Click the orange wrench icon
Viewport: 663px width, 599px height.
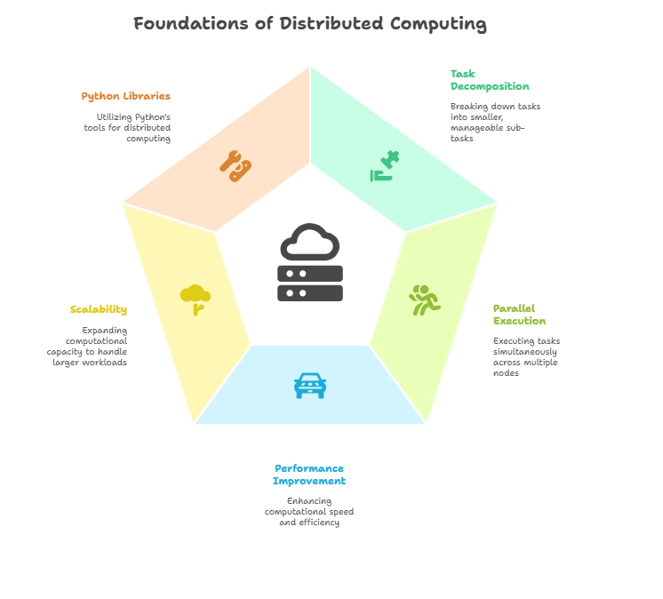click(x=236, y=165)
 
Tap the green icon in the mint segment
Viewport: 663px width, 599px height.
click(x=385, y=166)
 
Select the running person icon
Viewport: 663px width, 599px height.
click(x=425, y=300)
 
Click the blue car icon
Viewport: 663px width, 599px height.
click(x=309, y=385)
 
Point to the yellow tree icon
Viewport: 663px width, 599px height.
click(x=195, y=299)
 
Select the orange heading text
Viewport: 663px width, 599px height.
click(x=124, y=96)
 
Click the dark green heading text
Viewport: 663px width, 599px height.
click(x=490, y=80)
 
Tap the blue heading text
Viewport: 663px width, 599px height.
click(x=308, y=475)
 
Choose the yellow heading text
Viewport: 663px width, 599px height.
click(x=99, y=310)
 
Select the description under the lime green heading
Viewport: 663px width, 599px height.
click(x=525, y=353)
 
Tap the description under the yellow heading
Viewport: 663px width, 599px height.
click(x=89, y=347)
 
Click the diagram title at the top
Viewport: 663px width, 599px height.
click(x=308, y=24)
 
